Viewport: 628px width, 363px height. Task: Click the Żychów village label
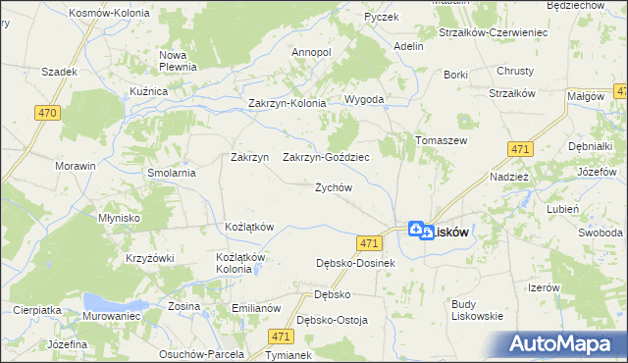pyautogui.click(x=333, y=187)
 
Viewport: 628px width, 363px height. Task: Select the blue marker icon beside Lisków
pyautogui.click(x=416, y=230)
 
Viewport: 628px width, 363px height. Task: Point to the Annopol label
pyautogui.click(x=311, y=52)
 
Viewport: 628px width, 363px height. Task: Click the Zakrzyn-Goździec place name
pyautogui.click(x=326, y=157)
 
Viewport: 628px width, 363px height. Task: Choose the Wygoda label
pyautogui.click(x=363, y=100)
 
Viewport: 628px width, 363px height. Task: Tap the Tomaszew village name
pyautogui.click(x=440, y=140)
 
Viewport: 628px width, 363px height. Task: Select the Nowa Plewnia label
pyautogui.click(x=180, y=61)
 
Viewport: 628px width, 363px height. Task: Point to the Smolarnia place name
pyautogui.click(x=173, y=173)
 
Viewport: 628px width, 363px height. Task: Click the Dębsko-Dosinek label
pyautogui.click(x=355, y=263)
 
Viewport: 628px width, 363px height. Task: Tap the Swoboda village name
pyautogui.click(x=600, y=233)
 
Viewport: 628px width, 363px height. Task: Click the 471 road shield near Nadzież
pyautogui.click(x=520, y=149)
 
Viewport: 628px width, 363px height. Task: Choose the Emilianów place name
pyautogui.click(x=256, y=308)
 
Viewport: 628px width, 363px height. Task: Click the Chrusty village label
pyautogui.click(x=514, y=71)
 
